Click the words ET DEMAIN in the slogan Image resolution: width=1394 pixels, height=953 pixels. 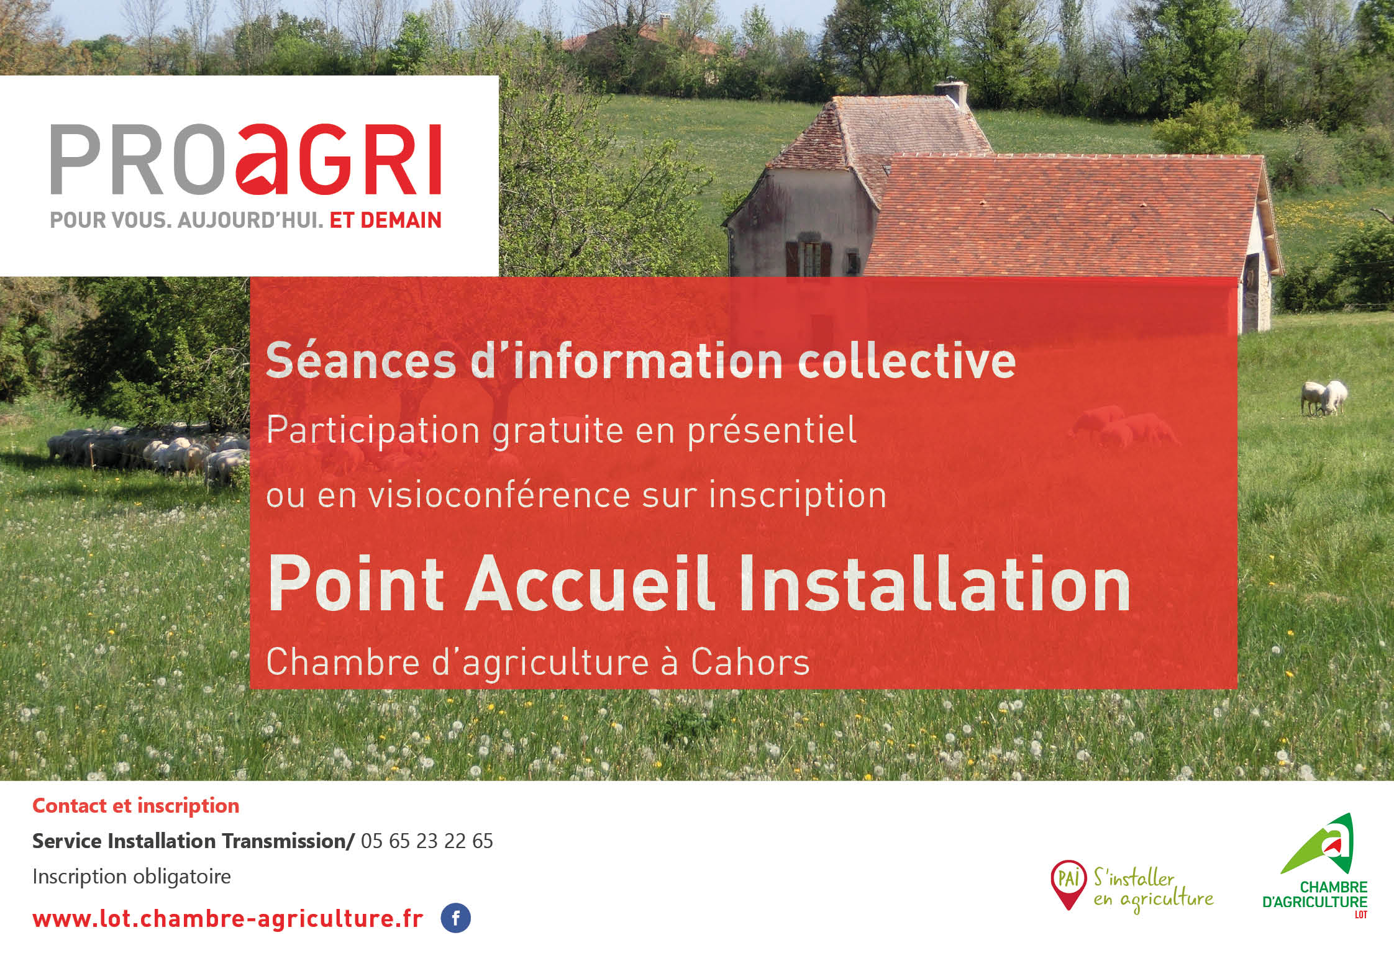385,220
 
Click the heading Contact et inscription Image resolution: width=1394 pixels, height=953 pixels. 135,806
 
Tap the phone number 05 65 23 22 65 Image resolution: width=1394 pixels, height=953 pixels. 426,841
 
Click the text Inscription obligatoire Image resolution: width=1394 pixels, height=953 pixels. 131,877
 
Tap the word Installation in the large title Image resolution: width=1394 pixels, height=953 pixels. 936,585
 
